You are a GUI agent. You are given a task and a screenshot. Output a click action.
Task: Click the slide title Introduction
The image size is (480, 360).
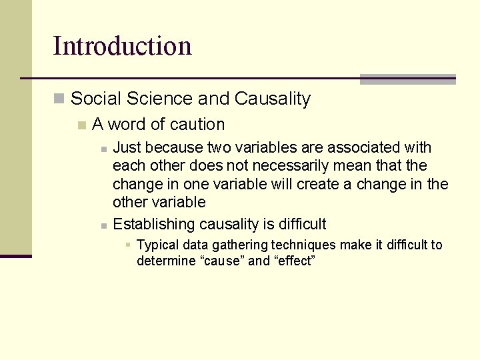(x=122, y=46)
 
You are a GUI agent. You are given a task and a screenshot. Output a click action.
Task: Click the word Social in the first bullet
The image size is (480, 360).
(x=94, y=99)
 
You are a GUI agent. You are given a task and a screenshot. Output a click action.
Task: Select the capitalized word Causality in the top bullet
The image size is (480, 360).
(x=273, y=99)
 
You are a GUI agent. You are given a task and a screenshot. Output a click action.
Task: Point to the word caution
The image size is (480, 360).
(x=197, y=125)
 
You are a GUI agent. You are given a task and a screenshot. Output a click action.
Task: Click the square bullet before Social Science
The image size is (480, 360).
(x=59, y=99)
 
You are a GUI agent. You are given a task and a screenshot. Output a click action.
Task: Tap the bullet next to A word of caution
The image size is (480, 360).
(x=81, y=125)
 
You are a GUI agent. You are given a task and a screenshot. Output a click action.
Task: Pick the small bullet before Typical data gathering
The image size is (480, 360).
(x=127, y=245)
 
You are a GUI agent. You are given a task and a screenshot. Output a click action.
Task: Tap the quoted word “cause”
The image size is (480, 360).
(x=222, y=261)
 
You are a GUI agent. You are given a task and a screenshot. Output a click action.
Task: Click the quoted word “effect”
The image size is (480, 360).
(x=294, y=261)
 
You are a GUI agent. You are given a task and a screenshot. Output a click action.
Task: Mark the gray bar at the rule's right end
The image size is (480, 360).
(x=408, y=79)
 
